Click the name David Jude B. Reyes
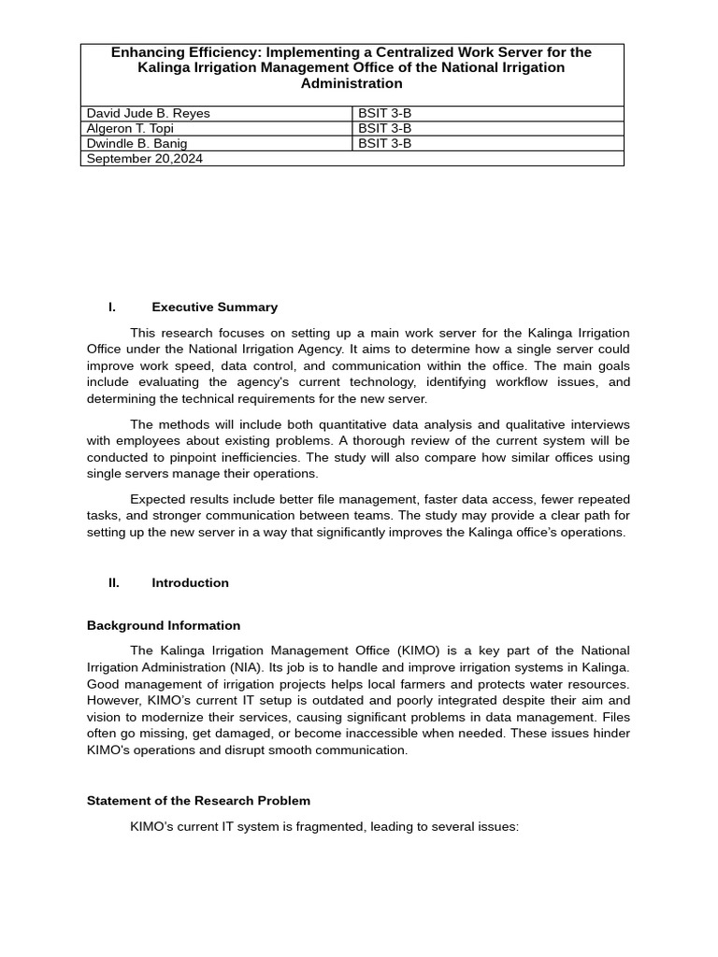click(x=148, y=113)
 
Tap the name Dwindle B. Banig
click(x=136, y=143)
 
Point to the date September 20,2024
click(x=145, y=159)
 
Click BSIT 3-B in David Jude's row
click(x=384, y=113)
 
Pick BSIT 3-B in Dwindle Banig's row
click(x=384, y=143)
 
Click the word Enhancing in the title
click(x=147, y=52)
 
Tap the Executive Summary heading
click(x=214, y=307)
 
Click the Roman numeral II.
click(x=114, y=583)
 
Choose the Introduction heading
click(x=190, y=583)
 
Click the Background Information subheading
click(x=164, y=626)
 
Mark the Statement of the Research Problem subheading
click(x=198, y=801)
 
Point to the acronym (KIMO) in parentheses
click(x=426, y=650)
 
